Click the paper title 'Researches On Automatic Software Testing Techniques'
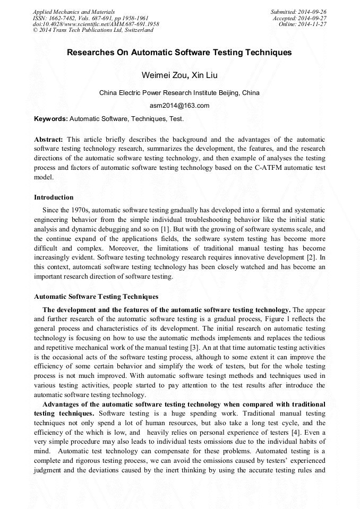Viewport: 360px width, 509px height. click(x=179, y=53)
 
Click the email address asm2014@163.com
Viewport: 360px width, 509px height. click(x=179, y=105)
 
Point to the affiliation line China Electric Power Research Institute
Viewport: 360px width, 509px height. click(x=179, y=92)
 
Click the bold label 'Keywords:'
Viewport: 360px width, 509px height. click(x=50, y=119)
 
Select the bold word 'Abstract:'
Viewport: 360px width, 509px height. click(x=49, y=139)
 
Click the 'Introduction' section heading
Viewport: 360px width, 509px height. click(x=54, y=197)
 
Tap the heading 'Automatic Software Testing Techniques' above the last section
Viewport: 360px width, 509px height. click(x=96, y=297)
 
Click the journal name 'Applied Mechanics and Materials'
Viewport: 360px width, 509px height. click(x=73, y=12)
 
